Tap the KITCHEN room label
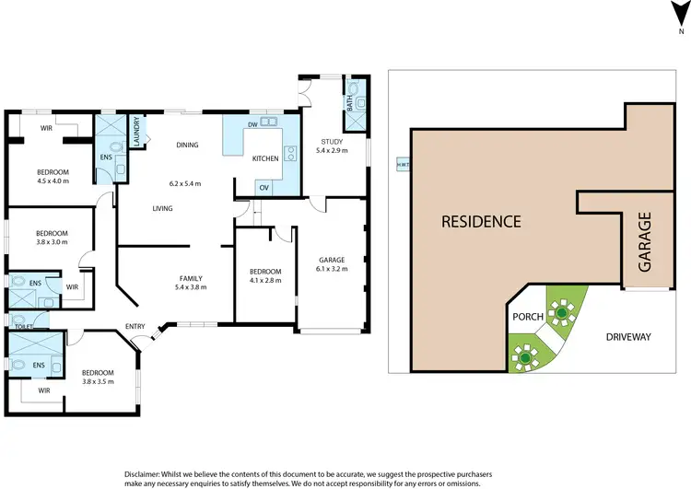[265, 159]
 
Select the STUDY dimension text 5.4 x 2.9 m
[332, 150]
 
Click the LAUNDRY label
[136, 131]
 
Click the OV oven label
[264, 187]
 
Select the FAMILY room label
[191, 277]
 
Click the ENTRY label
[135, 326]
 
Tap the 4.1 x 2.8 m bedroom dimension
[265, 279]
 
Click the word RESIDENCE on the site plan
[481, 221]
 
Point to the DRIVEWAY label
[628, 337]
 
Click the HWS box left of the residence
[402, 165]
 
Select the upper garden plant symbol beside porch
[560, 312]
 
